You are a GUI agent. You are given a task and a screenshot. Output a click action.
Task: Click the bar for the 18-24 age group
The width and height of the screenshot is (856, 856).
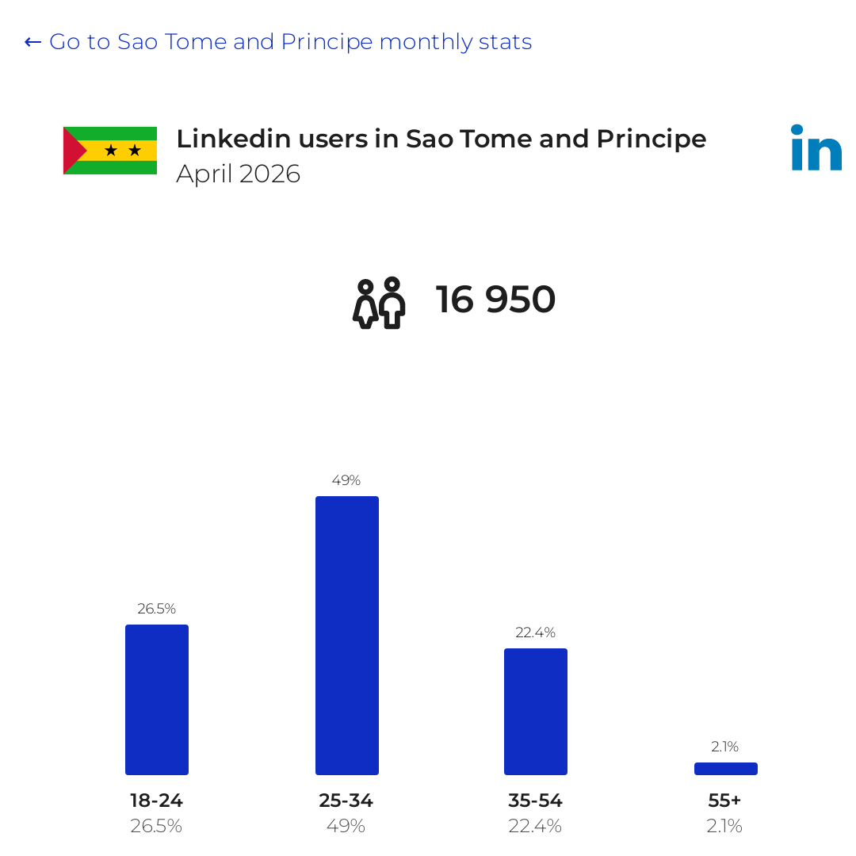(157, 699)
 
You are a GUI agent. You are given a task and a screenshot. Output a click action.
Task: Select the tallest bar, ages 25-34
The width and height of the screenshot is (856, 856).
(346, 636)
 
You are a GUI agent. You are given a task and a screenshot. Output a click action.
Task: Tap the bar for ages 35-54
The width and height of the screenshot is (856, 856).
(536, 711)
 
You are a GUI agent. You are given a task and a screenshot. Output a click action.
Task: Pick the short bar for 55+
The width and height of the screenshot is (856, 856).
(725, 769)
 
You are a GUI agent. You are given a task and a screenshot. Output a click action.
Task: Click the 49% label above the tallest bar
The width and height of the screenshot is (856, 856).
(346, 480)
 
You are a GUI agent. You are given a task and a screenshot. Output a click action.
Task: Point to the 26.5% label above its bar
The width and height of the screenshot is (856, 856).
(157, 609)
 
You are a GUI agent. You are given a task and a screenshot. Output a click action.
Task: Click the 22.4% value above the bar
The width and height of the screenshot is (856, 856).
(536, 632)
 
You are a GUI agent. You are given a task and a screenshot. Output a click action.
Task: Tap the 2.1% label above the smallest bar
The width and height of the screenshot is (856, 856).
(725, 747)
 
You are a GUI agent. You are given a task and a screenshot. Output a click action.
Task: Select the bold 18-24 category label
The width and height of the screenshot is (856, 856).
(157, 801)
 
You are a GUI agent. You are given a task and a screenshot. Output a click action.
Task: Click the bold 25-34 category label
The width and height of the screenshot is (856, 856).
(346, 801)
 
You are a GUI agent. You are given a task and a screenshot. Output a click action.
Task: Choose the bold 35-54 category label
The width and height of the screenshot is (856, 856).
(536, 801)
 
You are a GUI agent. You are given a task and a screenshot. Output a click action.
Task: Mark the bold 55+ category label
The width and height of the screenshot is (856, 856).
(725, 801)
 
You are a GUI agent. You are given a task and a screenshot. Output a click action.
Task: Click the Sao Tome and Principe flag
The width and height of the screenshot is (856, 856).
(110, 151)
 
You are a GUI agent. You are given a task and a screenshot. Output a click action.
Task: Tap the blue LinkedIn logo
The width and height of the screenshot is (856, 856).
(816, 147)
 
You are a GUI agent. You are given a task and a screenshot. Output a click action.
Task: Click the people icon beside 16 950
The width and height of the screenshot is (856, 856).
(379, 303)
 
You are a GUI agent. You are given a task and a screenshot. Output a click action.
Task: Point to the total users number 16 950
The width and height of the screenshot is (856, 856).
(495, 300)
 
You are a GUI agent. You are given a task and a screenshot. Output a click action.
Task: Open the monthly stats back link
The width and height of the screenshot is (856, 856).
(278, 42)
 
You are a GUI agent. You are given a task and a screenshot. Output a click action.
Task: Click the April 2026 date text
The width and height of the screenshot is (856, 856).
(238, 174)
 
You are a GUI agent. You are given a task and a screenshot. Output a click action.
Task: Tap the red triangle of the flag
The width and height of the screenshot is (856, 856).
(74, 151)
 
